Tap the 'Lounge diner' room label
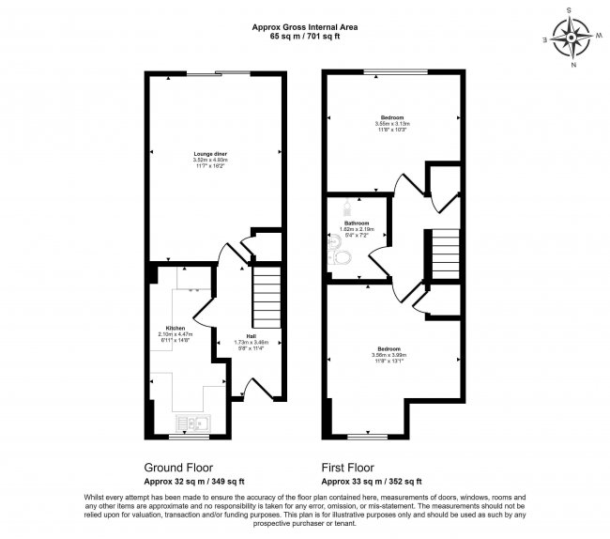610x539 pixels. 211,153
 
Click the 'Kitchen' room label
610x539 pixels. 175,328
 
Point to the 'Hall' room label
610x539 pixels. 252,336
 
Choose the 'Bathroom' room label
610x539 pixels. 356,223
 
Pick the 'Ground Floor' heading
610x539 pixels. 177,467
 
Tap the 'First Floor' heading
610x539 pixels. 347,467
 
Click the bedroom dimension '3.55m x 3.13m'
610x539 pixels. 394,124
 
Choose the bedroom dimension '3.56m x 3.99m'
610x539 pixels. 393,355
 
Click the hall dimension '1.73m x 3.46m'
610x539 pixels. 252,343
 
